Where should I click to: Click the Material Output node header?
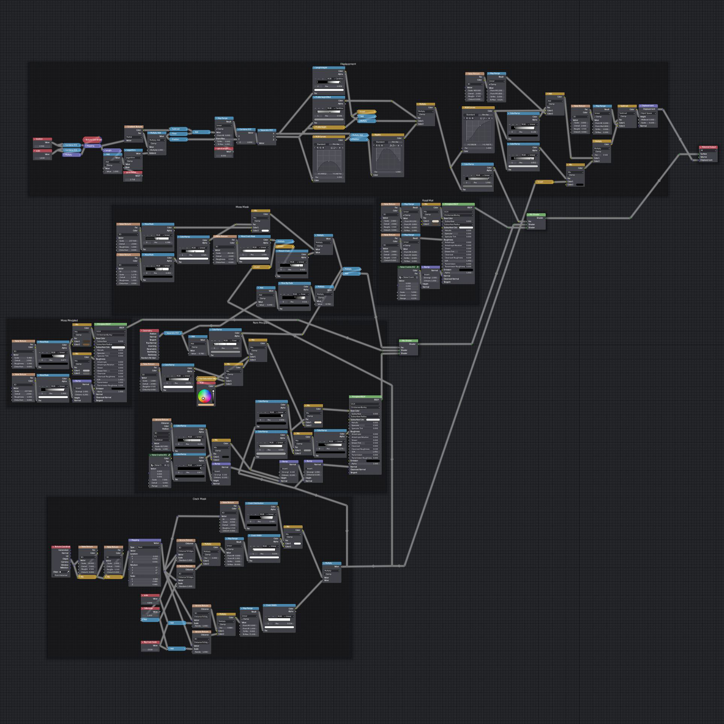click(x=708, y=147)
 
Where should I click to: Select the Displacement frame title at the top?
click(x=348, y=64)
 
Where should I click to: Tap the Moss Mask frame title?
click(x=242, y=207)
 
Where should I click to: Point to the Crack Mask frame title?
click(x=199, y=499)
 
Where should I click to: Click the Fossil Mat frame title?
click(x=428, y=201)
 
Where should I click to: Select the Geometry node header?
click(x=149, y=331)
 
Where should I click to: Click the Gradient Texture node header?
click(x=134, y=127)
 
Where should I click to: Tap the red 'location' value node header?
click(x=42, y=139)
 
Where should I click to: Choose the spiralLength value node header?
click(x=224, y=149)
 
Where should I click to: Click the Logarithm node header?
click(x=133, y=150)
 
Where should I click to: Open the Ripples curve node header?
click(x=388, y=135)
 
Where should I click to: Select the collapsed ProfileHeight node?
click(x=329, y=127)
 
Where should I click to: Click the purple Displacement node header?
click(x=648, y=106)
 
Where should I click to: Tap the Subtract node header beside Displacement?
click(x=627, y=106)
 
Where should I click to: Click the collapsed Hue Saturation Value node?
click(x=207, y=379)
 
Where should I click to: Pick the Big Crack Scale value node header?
click(x=150, y=642)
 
